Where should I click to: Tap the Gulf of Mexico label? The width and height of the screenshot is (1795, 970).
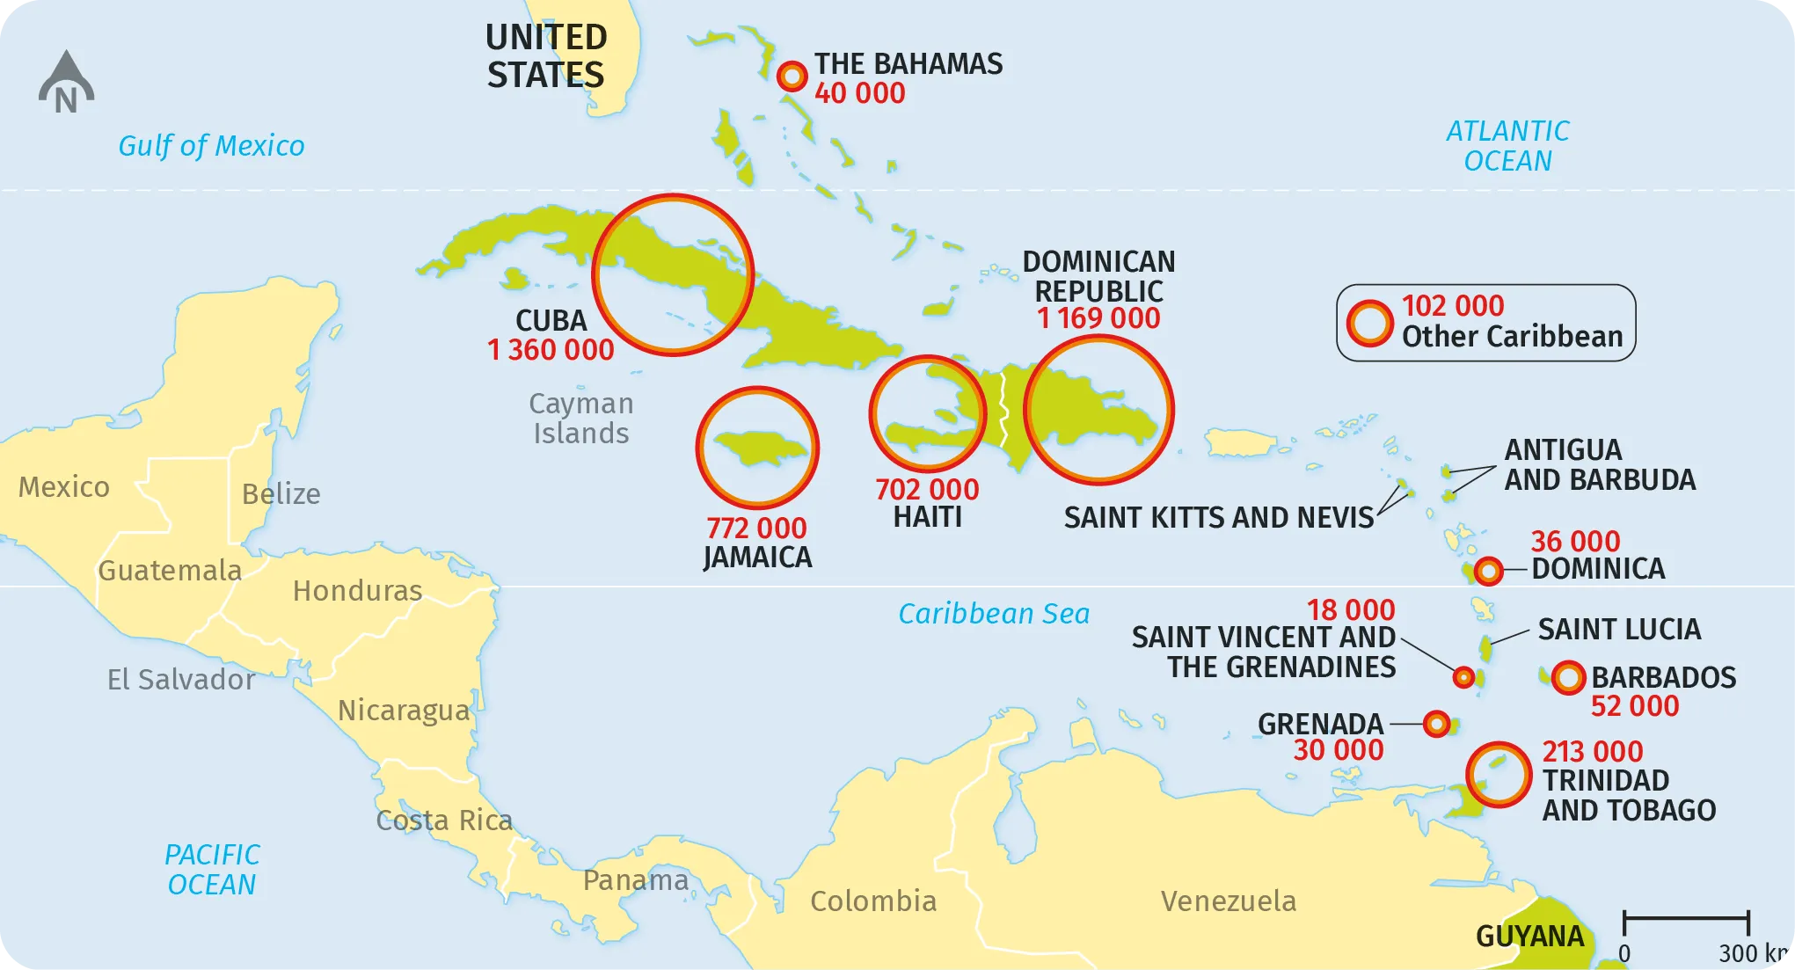(x=211, y=146)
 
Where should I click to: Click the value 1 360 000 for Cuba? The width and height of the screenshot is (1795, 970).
(x=551, y=350)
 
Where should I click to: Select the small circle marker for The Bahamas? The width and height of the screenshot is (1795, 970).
(x=792, y=77)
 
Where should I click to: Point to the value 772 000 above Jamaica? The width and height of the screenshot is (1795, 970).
(x=756, y=528)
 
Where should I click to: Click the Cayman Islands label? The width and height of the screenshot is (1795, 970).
(x=580, y=419)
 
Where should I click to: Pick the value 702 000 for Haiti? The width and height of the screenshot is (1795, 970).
(x=927, y=489)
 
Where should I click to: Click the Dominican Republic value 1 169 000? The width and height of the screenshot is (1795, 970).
(x=1098, y=318)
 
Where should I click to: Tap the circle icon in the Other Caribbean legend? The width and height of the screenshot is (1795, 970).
(x=1369, y=323)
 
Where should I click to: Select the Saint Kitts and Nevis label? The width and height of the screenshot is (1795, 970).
(x=1218, y=518)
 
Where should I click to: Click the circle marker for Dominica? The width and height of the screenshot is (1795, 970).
(x=1488, y=572)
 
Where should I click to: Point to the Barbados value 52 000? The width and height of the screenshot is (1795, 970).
(x=1635, y=706)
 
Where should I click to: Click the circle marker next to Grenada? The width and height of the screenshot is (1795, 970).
(x=1436, y=724)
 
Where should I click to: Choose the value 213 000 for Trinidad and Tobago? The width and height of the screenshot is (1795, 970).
(x=1592, y=752)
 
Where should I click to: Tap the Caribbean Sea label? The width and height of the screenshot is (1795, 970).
(x=994, y=614)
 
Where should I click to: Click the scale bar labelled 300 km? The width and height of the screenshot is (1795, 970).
(x=1686, y=919)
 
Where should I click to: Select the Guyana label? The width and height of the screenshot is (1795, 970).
(x=1529, y=937)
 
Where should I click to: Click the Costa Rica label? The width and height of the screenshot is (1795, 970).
(x=444, y=820)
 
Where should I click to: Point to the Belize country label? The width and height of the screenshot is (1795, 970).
(x=281, y=494)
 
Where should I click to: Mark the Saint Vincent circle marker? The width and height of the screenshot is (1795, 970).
(x=1463, y=677)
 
